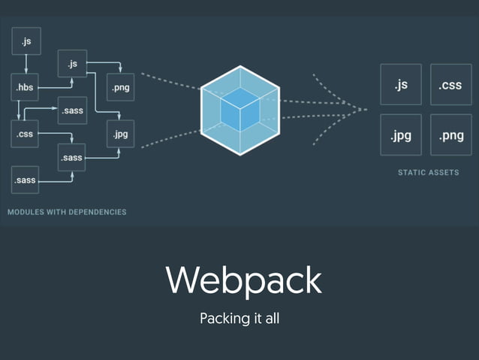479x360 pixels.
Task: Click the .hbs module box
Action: coord(25,87)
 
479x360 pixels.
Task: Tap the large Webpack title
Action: coord(243,280)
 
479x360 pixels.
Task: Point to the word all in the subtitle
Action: coord(271,318)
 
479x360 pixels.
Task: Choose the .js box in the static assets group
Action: coord(401,85)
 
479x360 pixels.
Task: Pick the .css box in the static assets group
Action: coord(450,85)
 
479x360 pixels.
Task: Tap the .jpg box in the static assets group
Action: coord(401,135)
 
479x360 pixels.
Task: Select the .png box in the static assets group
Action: coord(450,135)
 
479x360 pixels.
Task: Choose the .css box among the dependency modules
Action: coord(25,134)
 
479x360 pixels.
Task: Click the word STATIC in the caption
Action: coord(412,173)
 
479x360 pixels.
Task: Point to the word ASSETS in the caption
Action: coord(444,173)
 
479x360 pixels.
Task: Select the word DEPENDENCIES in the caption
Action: coord(97,212)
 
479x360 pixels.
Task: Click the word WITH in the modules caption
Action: coord(57,212)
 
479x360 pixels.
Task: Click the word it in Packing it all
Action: coord(254,318)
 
